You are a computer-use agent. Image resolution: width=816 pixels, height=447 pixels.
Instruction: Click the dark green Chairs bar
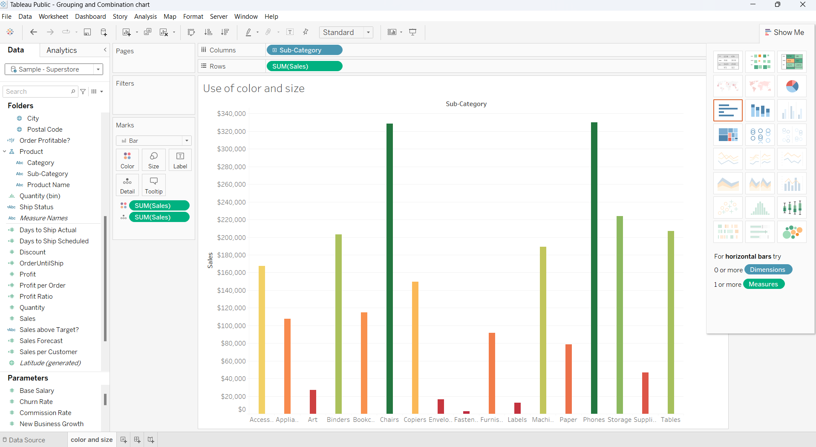(x=389, y=268)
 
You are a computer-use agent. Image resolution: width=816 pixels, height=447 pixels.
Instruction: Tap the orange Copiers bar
(x=415, y=347)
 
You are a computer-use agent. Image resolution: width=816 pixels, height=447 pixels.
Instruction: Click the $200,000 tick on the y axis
(x=231, y=237)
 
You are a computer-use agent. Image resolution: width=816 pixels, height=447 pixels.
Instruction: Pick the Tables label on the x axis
(x=670, y=420)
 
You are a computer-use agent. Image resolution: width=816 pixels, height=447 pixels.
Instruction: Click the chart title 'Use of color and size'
(x=254, y=88)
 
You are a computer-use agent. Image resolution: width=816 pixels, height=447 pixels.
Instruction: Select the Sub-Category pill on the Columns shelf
(x=304, y=50)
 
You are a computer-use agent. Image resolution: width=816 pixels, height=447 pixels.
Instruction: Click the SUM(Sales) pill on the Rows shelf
(x=304, y=66)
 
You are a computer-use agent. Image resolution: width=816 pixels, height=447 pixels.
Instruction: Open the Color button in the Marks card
(x=127, y=160)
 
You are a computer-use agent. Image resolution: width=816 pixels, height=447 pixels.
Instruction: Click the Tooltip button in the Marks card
(x=153, y=185)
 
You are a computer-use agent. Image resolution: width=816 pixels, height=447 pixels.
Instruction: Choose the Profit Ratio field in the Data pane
(x=36, y=297)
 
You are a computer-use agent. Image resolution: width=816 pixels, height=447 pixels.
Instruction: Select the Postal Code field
(x=45, y=130)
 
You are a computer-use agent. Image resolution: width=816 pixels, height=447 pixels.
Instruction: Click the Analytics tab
(x=62, y=50)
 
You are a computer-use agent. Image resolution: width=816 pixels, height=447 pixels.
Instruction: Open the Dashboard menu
(x=90, y=17)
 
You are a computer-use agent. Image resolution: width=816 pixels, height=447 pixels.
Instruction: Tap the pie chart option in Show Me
(x=792, y=87)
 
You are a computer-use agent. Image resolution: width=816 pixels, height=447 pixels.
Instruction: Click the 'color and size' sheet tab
(x=92, y=440)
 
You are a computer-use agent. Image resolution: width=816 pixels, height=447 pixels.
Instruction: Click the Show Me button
(x=784, y=32)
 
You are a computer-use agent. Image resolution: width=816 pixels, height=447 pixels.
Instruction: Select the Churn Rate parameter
(x=36, y=402)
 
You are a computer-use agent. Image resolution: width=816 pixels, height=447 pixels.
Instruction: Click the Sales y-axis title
(x=210, y=260)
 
